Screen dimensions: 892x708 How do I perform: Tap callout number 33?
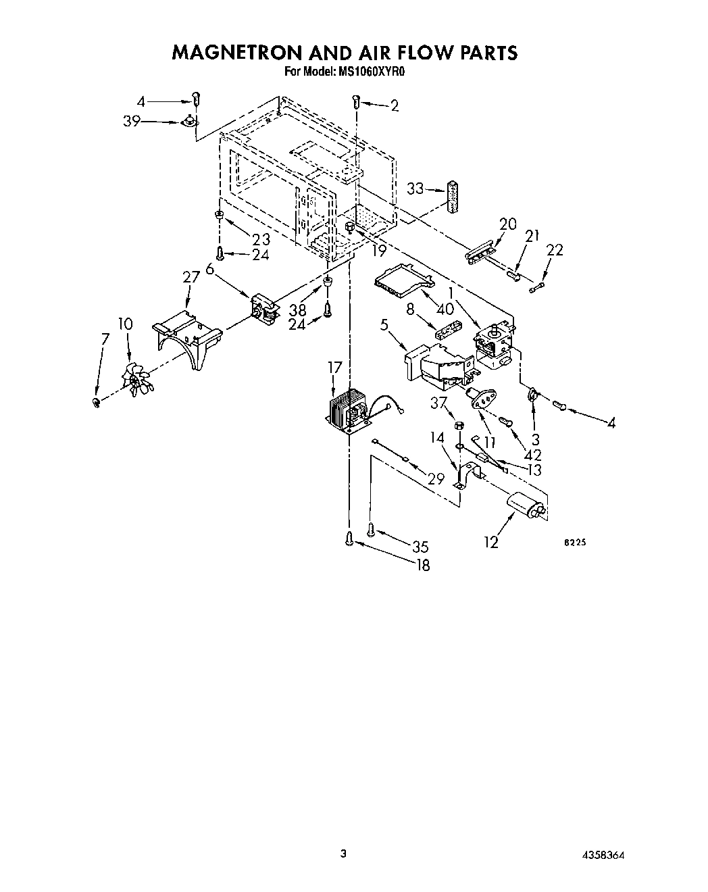pyautogui.click(x=415, y=189)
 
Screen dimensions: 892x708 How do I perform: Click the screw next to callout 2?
pyautogui.click(x=356, y=102)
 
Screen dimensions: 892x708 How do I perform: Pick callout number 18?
pyautogui.click(x=423, y=566)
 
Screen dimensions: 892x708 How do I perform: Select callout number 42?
pyautogui.click(x=532, y=455)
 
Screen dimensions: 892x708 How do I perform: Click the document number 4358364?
pyautogui.click(x=601, y=855)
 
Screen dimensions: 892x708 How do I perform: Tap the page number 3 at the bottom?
pyautogui.click(x=343, y=853)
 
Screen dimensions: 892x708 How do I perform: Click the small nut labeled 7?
pyautogui.click(x=95, y=403)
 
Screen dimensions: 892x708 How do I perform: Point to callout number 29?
pyautogui.click(x=436, y=478)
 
